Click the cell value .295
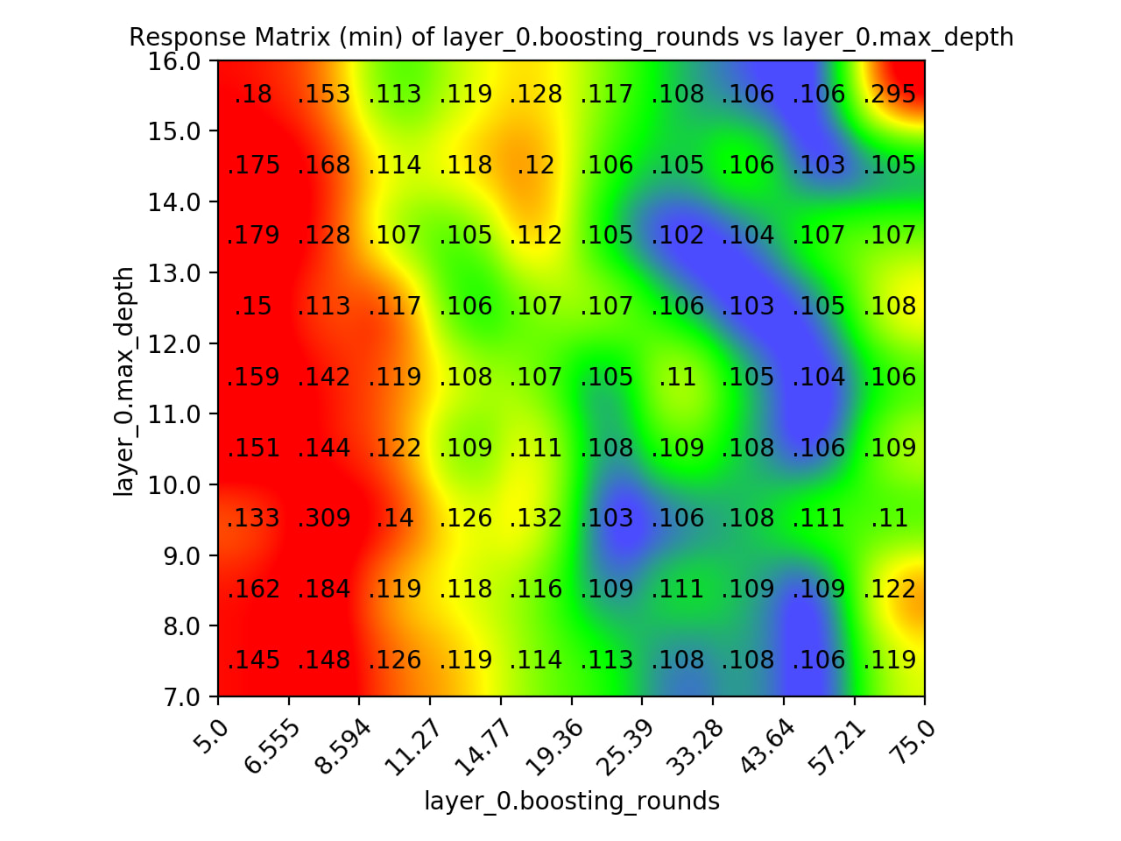(889, 95)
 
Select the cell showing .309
(324, 519)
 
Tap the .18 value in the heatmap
(253, 95)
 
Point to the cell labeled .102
(677, 236)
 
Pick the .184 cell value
(324, 590)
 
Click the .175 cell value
(253, 166)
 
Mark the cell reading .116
(536, 590)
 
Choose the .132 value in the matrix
(536, 519)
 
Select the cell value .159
(253, 378)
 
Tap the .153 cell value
(324, 95)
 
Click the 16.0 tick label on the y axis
(173, 61)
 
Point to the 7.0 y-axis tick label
(180, 697)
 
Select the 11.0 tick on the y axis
(173, 414)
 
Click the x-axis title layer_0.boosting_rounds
(572, 802)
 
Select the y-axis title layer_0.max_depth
(124, 381)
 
